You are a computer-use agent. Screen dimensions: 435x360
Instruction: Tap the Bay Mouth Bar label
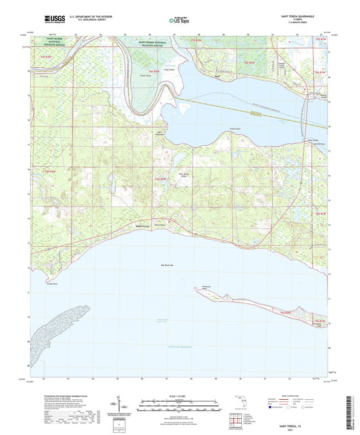click(167, 265)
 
